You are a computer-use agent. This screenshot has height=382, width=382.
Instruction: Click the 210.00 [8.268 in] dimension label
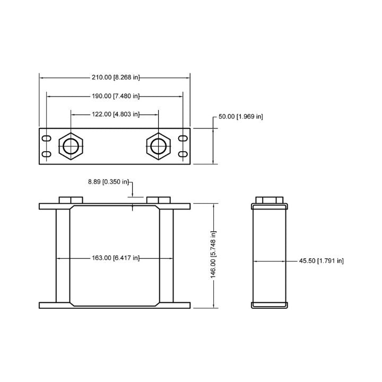pyautogui.click(x=116, y=77)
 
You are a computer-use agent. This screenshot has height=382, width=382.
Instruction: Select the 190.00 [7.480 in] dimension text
pyautogui.click(x=116, y=96)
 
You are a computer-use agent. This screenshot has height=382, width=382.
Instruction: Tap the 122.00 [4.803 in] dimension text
pyautogui.click(x=116, y=114)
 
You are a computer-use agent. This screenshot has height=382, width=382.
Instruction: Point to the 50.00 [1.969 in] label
pyautogui.click(x=241, y=116)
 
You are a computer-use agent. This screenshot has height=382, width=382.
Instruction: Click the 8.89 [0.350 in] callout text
pyautogui.click(x=108, y=182)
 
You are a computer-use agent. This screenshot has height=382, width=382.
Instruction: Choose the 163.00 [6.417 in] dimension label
pyautogui.click(x=116, y=258)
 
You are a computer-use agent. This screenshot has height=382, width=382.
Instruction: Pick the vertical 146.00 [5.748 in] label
pyautogui.click(x=213, y=255)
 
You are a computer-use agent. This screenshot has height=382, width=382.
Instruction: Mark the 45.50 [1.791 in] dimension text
pyautogui.click(x=322, y=261)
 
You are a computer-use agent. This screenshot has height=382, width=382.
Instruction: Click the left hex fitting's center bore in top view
pyautogui.click(x=71, y=146)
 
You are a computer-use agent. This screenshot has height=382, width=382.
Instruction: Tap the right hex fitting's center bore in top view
pyautogui.click(x=158, y=146)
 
